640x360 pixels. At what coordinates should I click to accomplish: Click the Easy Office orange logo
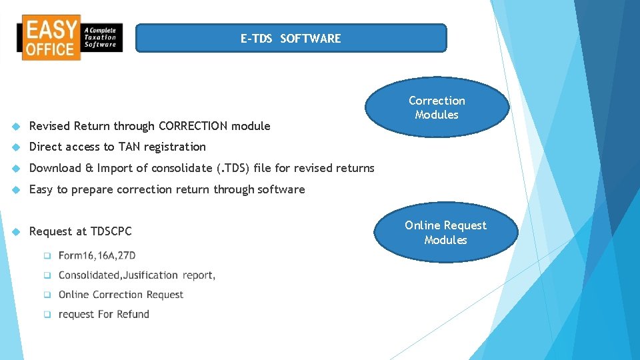(x=51, y=37)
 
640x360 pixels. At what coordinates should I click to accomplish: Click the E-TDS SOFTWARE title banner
(x=291, y=39)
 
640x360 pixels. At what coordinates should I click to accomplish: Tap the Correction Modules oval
(x=437, y=107)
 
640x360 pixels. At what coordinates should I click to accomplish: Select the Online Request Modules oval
(x=445, y=233)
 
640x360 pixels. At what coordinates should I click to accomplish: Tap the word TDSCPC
(x=111, y=231)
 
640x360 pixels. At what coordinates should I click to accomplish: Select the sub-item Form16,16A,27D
(x=97, y=255)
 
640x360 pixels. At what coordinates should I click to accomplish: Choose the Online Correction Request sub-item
(x=121, y=295)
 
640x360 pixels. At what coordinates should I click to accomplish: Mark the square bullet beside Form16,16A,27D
(x=47, y=255)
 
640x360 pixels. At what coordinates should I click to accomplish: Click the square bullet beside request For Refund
(x=47, y=314)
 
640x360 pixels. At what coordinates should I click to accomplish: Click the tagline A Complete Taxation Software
(x=101, y=37)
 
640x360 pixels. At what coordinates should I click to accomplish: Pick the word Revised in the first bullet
(x=50, y=126)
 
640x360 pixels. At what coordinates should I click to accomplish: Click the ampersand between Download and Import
(x=89, y=168)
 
